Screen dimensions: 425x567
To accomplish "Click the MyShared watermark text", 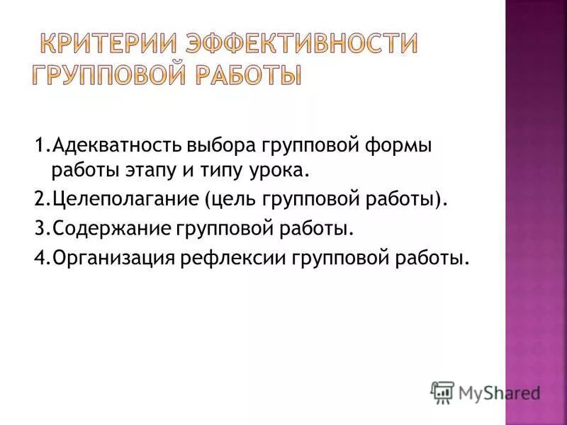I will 500,392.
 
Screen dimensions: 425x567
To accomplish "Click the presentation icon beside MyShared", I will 443,392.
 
